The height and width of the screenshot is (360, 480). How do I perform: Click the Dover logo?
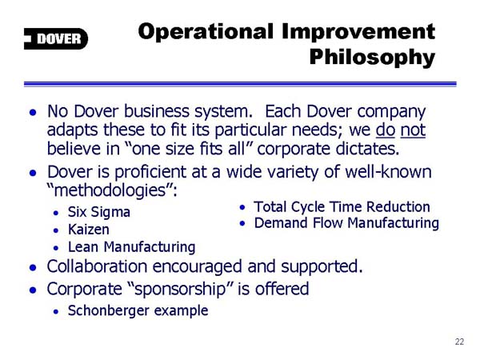[x=56, y=38]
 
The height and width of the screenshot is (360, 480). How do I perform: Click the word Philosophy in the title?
[x=372, y=58]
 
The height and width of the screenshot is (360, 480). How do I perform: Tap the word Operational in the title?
[x=206, y=31]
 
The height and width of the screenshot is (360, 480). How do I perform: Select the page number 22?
[x=459, y=342]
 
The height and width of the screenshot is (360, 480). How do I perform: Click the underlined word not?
[x=413, y=130]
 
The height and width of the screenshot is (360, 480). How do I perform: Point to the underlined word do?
[x=385, y=130]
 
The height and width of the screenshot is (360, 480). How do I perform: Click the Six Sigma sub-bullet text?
[x=99, y=212]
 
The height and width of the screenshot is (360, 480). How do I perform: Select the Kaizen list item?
[x=89, y=230]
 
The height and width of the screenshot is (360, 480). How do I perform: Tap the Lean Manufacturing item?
[x=132, y=247]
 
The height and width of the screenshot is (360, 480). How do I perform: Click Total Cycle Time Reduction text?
[x=342, y=207]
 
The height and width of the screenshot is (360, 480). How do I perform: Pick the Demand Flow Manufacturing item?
[x=346, y=223]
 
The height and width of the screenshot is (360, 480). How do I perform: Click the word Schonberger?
[x=108, y=310]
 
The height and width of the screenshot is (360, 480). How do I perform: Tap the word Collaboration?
[x=97, y=266]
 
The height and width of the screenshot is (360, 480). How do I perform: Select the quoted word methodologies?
[x=110, y=190]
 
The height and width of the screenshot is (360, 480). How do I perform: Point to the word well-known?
[x=389, y=172]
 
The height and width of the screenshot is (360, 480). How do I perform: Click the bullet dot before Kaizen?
[x=56, y=230]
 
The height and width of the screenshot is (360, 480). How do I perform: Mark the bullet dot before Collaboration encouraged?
[x=33, y=268]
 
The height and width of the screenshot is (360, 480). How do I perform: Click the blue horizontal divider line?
[x=240, y=84]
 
